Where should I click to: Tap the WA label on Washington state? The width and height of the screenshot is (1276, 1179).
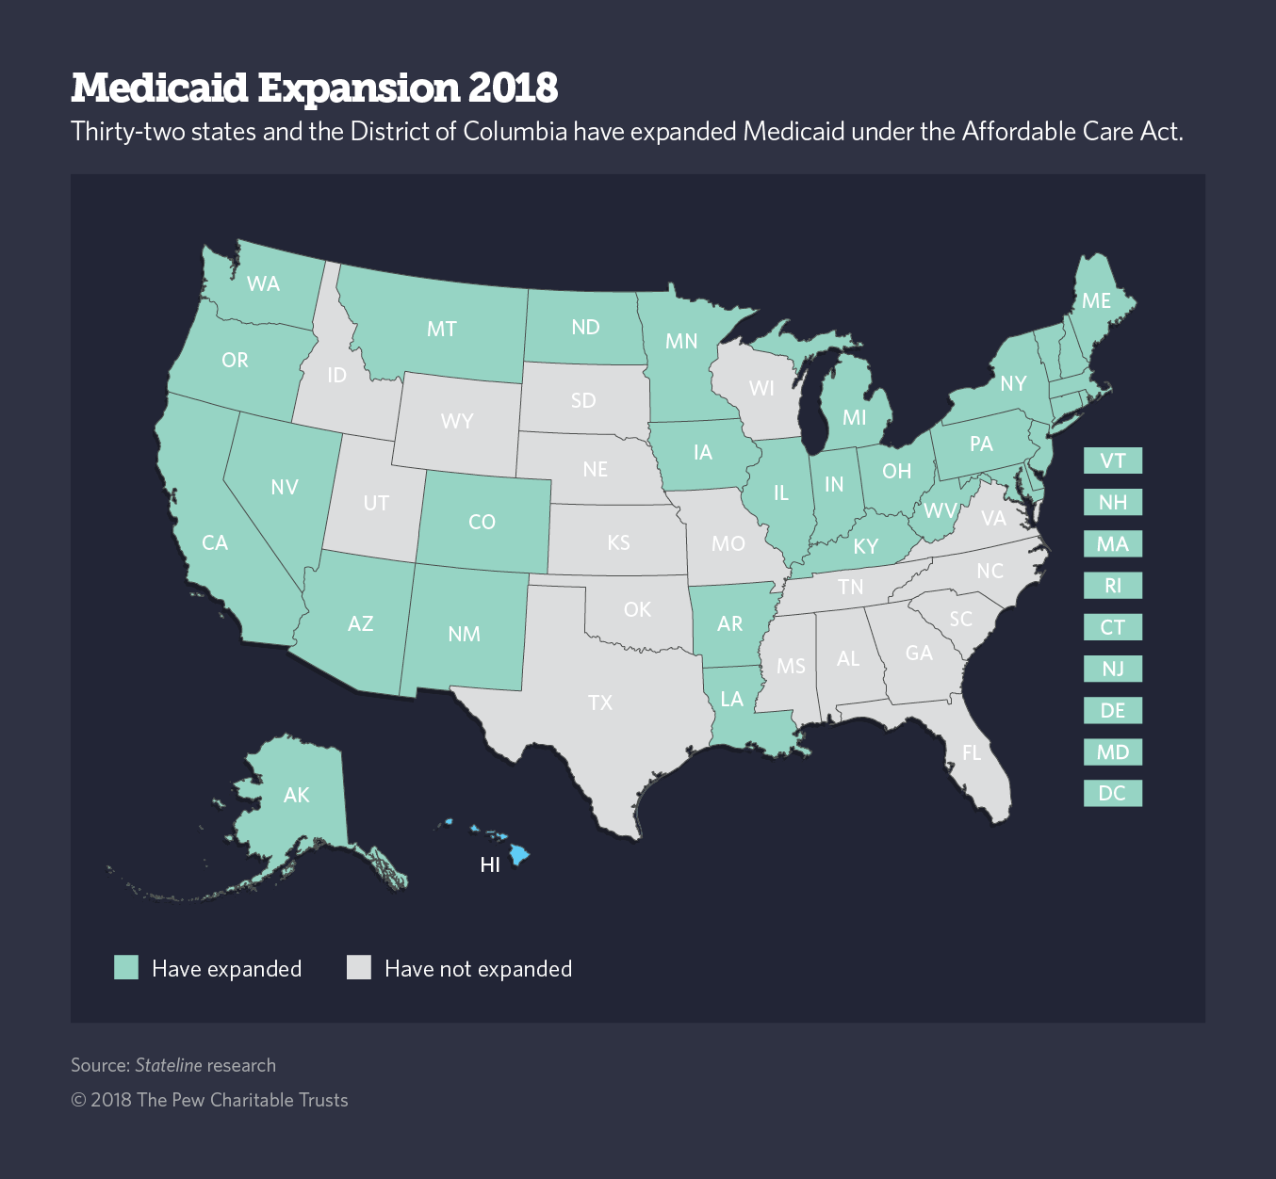[263, 283]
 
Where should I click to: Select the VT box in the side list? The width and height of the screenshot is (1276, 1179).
[1113, 460]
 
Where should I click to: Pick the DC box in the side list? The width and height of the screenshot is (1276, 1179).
[1113, 793]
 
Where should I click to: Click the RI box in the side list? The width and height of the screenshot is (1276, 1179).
[1113, 586]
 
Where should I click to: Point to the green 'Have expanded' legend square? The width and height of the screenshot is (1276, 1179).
[126, 967]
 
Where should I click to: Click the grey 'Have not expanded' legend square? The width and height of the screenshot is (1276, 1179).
[359, 967]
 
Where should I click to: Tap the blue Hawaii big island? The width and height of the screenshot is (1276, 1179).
[519, 854]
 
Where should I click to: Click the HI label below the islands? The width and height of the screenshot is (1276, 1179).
[490, 864]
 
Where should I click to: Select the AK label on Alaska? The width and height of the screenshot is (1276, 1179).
[297, 795]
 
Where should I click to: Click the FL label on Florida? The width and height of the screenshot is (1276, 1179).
[972, 752]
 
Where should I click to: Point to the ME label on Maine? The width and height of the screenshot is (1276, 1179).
[1096, 300]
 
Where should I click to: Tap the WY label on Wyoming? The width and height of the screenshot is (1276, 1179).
[457, 421]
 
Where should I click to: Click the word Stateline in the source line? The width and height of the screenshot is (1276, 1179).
[169, 1065]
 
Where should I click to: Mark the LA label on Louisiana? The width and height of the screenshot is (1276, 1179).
[732, 699]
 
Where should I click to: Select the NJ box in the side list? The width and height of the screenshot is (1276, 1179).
[1113, 669]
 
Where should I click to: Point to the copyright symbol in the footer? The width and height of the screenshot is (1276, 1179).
[79, 1100]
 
